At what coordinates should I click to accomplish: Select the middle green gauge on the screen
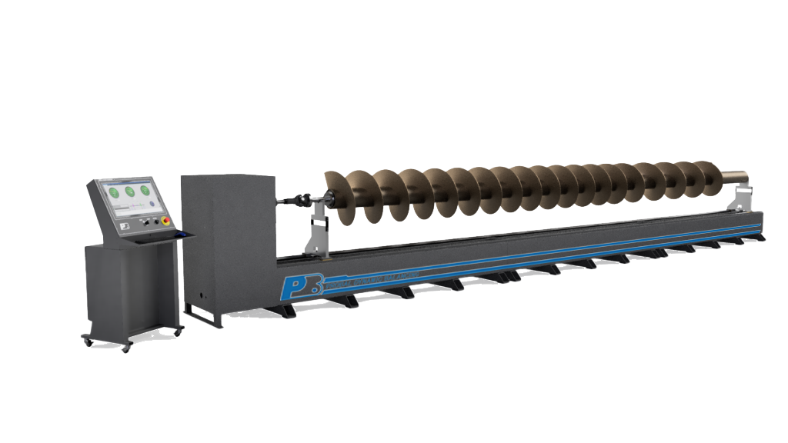click(x=129, y=192)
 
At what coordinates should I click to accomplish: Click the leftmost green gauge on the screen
click(x=114, y=192)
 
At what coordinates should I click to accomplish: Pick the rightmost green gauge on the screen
click(x=145, y=192)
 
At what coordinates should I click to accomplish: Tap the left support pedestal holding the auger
click(x=317, y=234)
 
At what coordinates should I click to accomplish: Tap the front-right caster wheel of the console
click(x=178, y=331)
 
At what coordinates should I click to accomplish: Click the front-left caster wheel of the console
click(x=125, y=348)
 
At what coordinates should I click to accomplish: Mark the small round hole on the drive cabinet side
click(x=202, y=295)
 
